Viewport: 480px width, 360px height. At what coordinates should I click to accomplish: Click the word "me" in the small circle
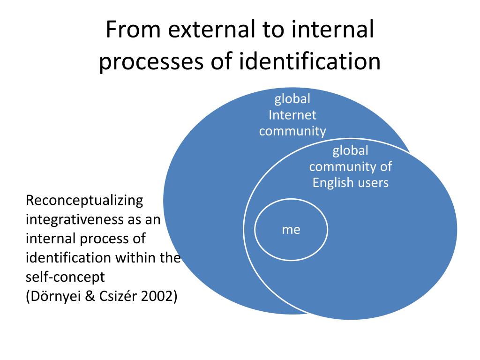click(x=291, y=230)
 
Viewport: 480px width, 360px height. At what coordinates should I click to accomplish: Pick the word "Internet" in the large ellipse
click(x=292, y=115)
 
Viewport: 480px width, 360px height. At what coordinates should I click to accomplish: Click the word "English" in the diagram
click(x=333, y=182)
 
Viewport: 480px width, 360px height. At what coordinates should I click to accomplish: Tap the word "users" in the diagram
click(x=373, y=182)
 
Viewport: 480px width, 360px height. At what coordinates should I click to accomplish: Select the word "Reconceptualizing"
click(x=84, y=201)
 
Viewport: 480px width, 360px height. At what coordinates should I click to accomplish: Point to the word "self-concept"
click(x=65, y=277)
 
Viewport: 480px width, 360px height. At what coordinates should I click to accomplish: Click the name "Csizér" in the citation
click(x=113, y=296)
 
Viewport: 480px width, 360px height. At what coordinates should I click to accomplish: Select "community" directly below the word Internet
click(x=292, y=131)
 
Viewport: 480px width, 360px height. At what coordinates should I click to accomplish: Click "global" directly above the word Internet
click(x=292, y=99)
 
